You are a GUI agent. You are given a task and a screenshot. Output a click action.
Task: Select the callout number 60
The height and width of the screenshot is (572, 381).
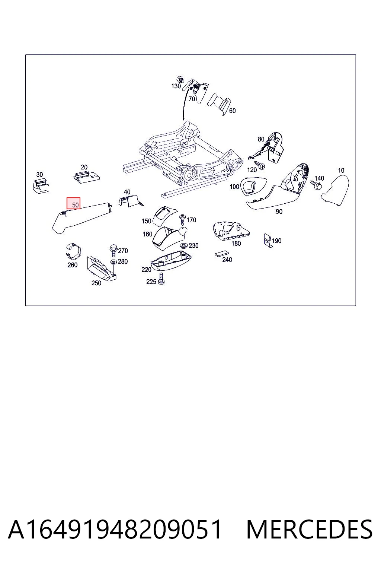click(x=232, y=111)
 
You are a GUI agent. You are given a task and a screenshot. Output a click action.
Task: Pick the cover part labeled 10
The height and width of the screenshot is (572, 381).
click(x=335, y=190)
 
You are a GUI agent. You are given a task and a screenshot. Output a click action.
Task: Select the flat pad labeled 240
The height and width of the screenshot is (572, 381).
click(x=221, y=254)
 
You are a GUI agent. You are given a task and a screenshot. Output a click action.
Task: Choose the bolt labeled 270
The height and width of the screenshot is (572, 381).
click(x=113, y=250)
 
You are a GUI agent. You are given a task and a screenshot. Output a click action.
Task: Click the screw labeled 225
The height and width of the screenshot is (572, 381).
click(x=161, y=279)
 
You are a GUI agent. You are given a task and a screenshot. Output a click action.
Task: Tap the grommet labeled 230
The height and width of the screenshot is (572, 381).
click(x=183, y=246)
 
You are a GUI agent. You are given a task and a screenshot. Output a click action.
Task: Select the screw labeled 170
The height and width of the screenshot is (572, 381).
click(x=182, y=219)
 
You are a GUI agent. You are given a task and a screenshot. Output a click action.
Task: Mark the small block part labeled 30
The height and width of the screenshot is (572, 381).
click(x=41, y=186)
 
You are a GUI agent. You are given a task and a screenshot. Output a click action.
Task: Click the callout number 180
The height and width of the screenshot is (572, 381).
click(x=236, y=243)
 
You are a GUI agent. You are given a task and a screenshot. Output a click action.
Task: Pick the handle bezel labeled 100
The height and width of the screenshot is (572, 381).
click(x=253, y=187)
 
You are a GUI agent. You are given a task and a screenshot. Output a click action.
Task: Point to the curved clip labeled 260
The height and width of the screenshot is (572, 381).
click(x=73, y=251)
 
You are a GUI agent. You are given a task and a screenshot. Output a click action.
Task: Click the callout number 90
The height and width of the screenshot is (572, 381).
click(x=279, y=212)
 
